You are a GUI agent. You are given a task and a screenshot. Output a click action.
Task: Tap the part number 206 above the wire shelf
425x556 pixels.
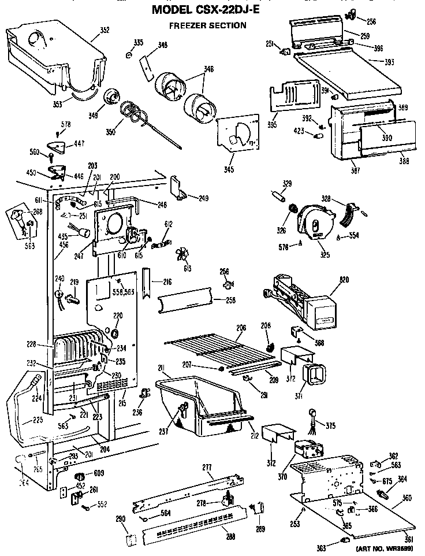[241, 328]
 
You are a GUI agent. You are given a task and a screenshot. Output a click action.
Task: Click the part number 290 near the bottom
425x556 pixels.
[120, 518]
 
